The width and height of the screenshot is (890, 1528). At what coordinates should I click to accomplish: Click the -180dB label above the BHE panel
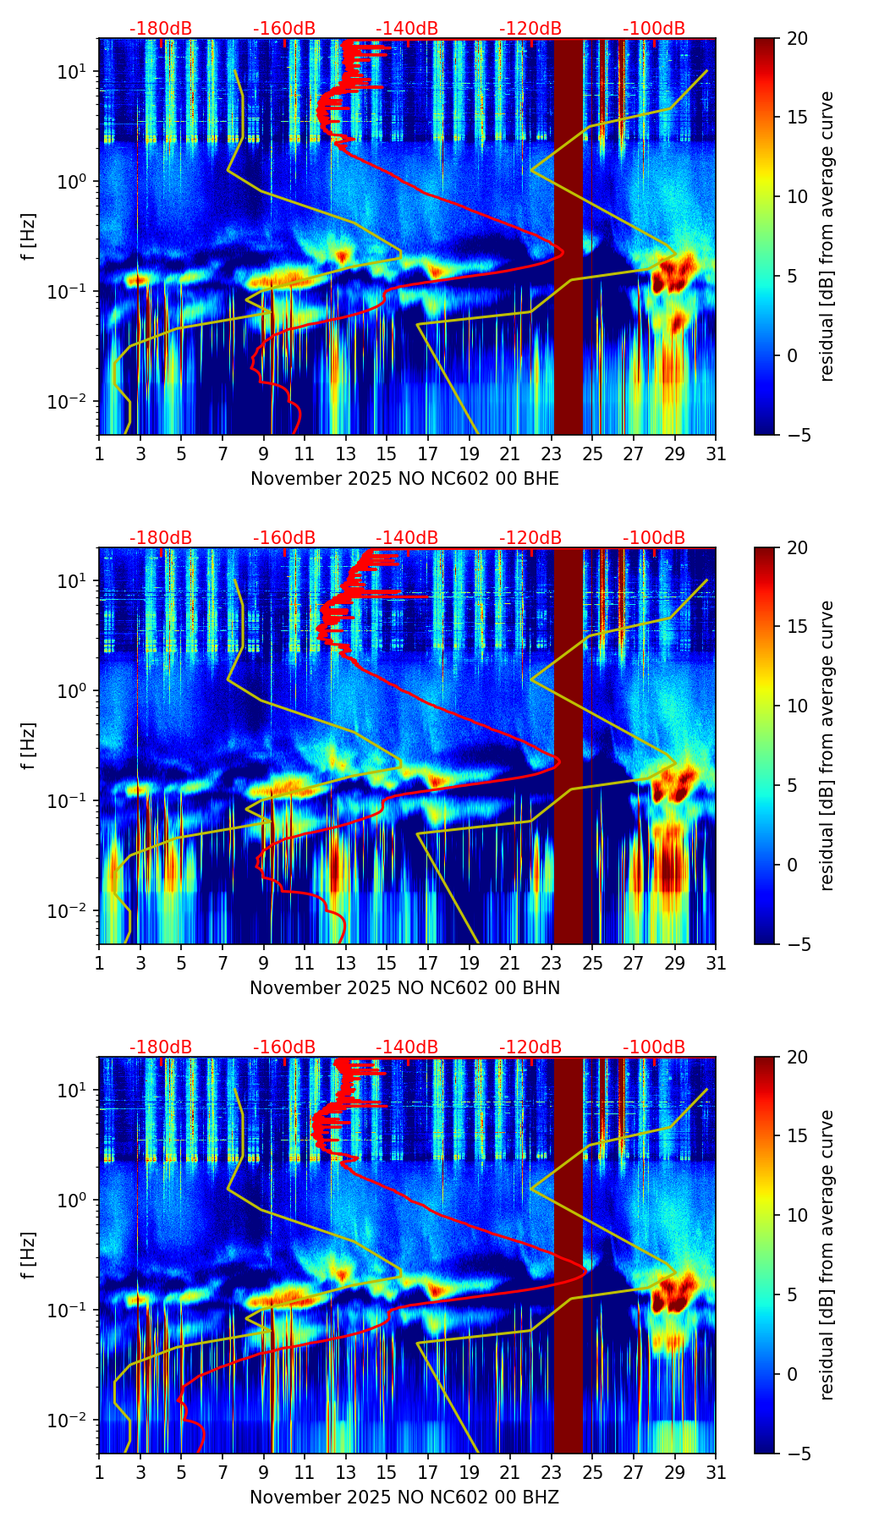click(x=161, y=29)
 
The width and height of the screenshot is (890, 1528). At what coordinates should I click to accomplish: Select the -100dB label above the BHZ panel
click(x=654, y=1047)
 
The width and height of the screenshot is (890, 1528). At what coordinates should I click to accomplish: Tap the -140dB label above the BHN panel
click(x=407, y=538)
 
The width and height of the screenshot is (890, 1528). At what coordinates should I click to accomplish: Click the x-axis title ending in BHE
click(x=404, y=479)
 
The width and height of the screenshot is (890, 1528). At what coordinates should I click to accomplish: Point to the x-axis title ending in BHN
click(x=404, y=988)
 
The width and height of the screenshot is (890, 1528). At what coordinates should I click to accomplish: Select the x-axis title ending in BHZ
click(x=404, y=1498)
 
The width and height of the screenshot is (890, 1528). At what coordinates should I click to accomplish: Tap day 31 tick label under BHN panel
click(x=716, y=964)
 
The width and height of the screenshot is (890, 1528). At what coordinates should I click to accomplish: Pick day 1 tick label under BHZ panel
click(x=100, y=1473)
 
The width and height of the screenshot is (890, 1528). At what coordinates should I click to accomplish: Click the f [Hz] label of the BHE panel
click(x=29, y=237)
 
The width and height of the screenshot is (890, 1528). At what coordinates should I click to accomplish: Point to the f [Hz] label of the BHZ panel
click(x=29, y=1256)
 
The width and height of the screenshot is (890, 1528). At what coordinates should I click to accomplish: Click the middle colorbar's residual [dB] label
click(x=827, y=745)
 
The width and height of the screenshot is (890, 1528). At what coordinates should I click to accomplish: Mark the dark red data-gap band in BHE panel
click(x=569, y=237)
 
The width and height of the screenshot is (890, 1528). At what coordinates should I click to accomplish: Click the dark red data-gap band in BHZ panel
click(x=569, y=1256)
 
